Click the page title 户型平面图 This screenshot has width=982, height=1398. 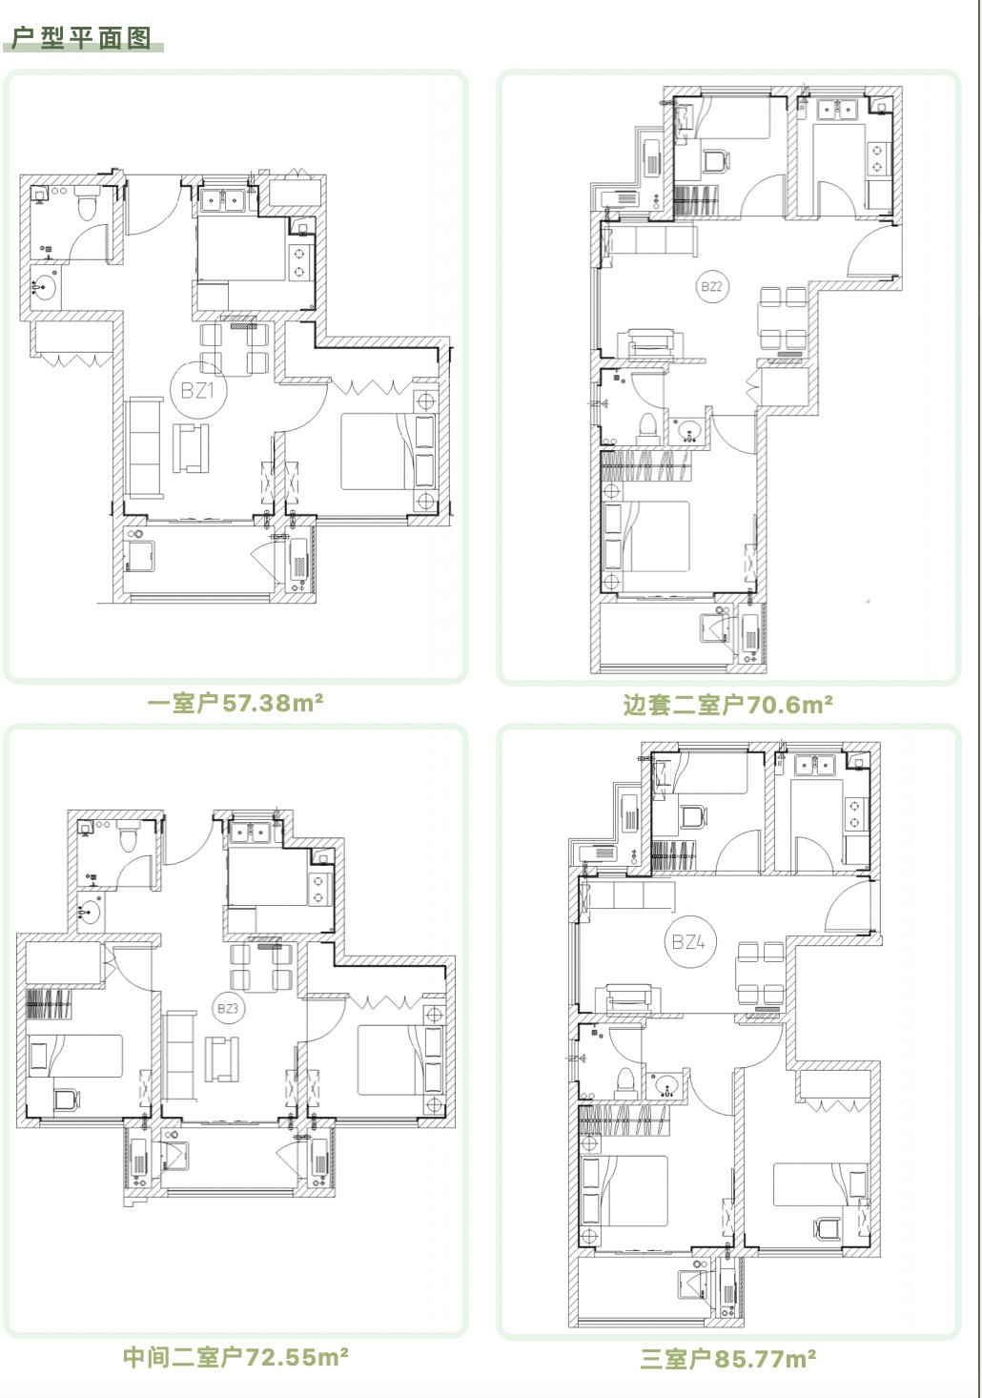(81, 38)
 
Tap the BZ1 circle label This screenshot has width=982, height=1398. (197, 390)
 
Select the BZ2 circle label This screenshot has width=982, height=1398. (711, 286)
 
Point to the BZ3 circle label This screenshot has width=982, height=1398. (228, 1008)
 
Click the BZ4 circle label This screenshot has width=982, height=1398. (689, 940)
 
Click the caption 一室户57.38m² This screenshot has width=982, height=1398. (235, 704)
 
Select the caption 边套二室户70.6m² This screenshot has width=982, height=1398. (727, 705)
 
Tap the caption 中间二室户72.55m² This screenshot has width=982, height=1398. (235, 1356)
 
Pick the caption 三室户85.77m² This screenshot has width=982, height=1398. (727, 1358)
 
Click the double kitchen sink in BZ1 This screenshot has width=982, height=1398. (223, 200)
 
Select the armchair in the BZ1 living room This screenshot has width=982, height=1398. (191, 447)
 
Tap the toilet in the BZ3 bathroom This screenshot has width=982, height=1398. (130, 837)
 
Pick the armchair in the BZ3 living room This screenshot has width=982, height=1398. (223, 1059)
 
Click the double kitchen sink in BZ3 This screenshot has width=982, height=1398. (250, 832)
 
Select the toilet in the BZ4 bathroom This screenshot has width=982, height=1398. (624, 1083)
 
